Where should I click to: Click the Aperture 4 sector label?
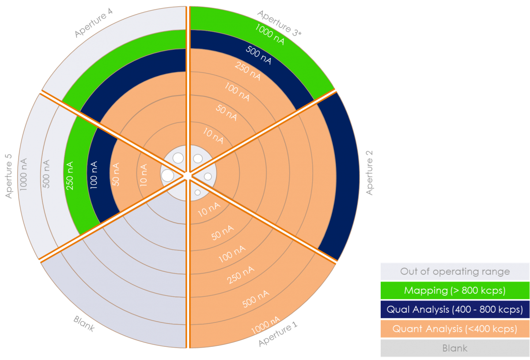click(94, 23)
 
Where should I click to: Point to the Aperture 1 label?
click(278, 335)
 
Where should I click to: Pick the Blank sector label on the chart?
click(84, 324)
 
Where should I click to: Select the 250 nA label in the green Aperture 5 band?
click(70, 176)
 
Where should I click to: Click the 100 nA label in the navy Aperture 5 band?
click(93, 176)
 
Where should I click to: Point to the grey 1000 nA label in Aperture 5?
click(23, 174)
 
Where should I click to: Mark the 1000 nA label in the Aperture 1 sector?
click(265, 325)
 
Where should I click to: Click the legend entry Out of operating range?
click(455, 272)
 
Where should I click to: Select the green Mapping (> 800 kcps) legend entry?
click(455, 291)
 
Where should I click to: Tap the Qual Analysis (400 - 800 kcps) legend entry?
click(455, 309)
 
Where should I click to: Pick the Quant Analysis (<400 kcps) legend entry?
click(455, 329)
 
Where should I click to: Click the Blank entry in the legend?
click(455, 348)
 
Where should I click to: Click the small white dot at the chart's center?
click(187, 176)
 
